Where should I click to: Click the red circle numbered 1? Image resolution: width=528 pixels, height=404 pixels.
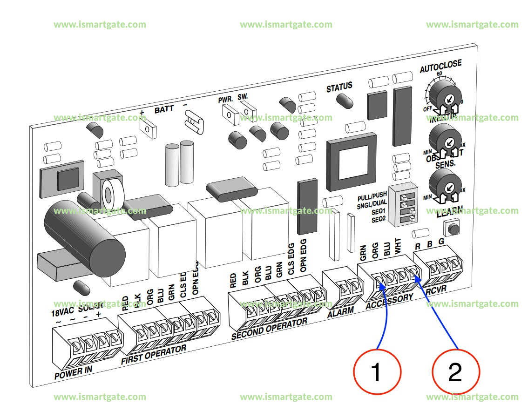point(377,372)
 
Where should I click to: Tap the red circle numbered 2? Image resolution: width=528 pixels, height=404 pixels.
point(455,372)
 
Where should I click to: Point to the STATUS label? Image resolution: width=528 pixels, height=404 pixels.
point(339,87)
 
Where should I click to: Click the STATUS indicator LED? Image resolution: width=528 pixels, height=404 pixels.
point(345,100)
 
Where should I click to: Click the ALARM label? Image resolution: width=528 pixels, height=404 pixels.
point(341,311)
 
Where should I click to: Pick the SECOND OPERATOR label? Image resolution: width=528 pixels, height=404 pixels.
point(269,329)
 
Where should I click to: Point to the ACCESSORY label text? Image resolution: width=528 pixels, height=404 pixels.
point(389,302)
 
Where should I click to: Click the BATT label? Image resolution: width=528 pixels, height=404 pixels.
point(164,109)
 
